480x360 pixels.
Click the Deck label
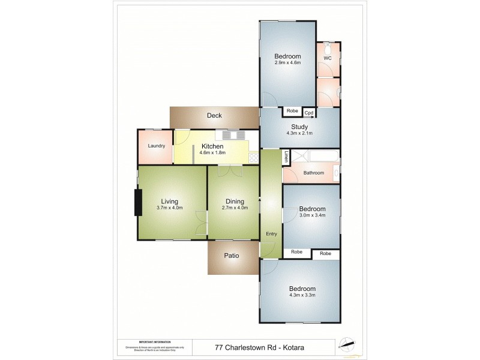214,116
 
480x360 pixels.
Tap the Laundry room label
157,146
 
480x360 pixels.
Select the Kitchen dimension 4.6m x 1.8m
212,154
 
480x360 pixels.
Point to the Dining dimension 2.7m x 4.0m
234,208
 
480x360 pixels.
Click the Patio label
232,256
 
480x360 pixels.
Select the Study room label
299,127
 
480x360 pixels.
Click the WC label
327,58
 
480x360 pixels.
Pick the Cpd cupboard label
309,112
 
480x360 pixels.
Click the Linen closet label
287,157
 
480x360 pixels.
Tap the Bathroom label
313,173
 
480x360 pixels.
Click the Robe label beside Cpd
292,111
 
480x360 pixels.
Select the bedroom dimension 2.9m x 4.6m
287,63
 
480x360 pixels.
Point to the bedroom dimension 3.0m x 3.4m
312,215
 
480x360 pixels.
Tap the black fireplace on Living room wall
137,202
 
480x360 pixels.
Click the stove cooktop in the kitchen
253,158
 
